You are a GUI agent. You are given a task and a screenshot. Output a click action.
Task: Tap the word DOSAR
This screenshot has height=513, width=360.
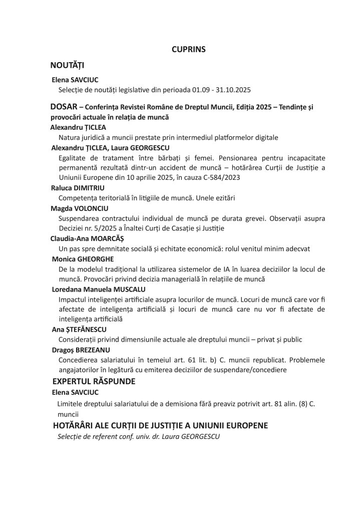pos(64,107)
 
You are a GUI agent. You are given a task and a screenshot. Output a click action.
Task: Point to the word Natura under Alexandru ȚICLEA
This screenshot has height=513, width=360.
pos(69,137)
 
